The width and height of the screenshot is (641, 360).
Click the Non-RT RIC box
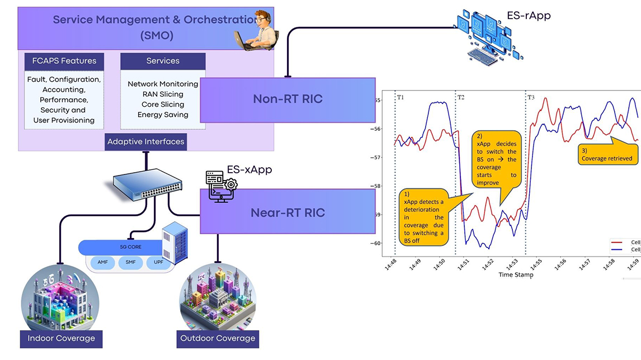287,100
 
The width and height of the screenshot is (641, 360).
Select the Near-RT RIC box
287,212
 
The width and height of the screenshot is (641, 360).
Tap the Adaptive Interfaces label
145,141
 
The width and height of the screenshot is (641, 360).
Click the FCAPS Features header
64,61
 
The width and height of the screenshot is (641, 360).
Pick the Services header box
163,61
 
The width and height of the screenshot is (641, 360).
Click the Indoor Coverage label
61,338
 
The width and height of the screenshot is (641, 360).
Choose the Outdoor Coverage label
218,338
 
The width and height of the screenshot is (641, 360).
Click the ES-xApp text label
249,169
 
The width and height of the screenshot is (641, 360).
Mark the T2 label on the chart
461,97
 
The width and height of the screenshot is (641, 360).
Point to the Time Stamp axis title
516,274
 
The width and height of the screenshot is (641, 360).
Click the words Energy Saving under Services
163,115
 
